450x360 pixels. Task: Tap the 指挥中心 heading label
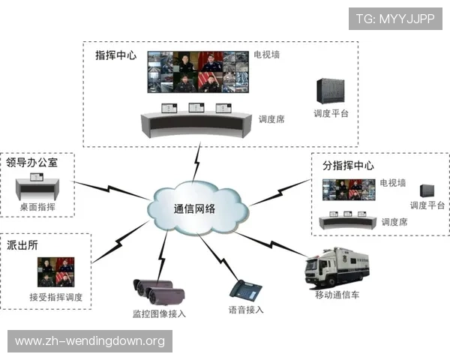[115, 55]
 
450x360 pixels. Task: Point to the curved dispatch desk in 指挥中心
[196, 122]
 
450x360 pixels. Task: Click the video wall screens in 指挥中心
[196, 71]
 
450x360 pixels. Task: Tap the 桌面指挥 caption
[37, 207]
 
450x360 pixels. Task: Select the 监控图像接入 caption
[159, 313]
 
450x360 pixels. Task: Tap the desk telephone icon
[245, 289]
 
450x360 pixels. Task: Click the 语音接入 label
[246, 310]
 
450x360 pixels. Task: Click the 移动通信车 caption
[337, 295]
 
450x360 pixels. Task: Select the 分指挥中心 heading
[347, 166]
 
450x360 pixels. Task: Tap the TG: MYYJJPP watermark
[395, 19]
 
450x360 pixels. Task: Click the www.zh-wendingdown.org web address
[89, 342]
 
